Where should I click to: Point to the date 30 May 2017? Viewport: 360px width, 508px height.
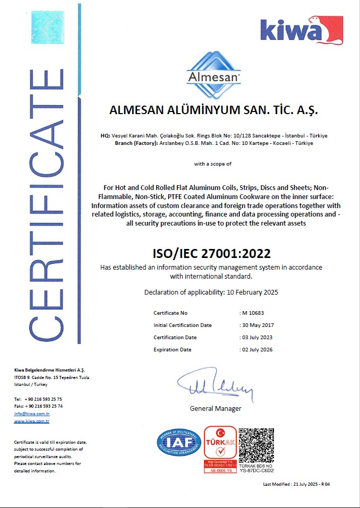(x=258, y=325)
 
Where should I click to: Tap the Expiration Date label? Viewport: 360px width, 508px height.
(x=173, y=349)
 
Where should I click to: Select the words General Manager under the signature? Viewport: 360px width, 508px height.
(x=216, y=408)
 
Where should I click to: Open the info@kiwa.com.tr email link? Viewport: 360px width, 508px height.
(x=32, y=413)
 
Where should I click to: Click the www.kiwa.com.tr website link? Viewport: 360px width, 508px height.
(x=32, y=420)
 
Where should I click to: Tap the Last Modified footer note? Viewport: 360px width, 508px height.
(x=296, y=484)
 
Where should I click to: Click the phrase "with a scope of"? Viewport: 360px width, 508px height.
(x=212, y=164)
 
